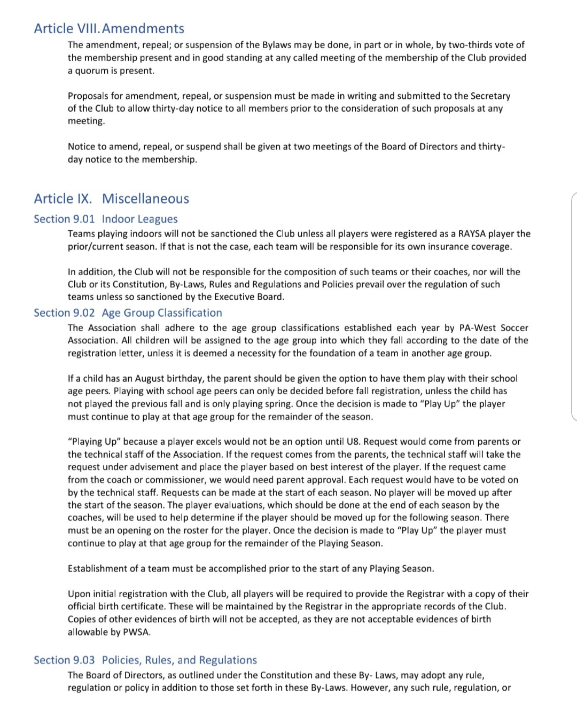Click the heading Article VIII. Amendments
pos(109,28)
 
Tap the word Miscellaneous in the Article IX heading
pos(145,199)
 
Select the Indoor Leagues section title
pos(139,219)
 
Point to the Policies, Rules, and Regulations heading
pos(179,660)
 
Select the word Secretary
pos(490,96)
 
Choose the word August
pos(150,379)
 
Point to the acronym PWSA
pos(137,632)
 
